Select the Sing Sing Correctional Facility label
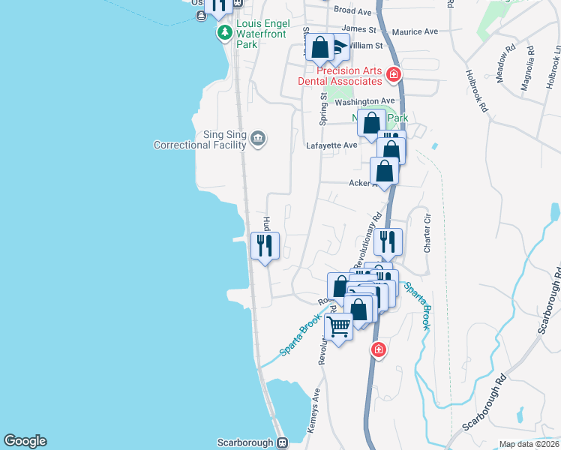(198, 139)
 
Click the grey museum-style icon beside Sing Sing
(258, 138)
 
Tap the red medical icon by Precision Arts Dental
(394, 74)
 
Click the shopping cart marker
(339, 327)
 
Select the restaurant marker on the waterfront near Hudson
(265, 244)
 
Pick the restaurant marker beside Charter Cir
(387, 241)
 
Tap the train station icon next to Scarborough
(282, 442)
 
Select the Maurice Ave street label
(415, 31)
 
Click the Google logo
(25, 441)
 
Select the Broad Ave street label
(352, 11)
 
